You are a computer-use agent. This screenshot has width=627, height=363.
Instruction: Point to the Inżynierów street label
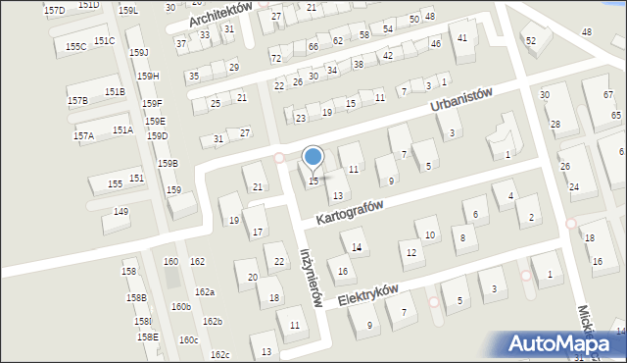[311, 279]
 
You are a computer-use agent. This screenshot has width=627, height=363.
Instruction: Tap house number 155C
[75, 46]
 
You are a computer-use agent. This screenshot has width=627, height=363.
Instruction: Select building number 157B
[77, 101]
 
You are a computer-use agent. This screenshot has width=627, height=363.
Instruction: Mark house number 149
[121, 211]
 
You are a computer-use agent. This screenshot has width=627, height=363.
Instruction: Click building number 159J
[139, 52]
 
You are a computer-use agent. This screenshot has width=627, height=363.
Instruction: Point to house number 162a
[204, 292]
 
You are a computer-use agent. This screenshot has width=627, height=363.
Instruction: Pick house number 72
[275, 59]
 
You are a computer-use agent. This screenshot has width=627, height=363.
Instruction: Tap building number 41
[461, 37]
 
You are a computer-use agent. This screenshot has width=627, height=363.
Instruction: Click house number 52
[531, 40]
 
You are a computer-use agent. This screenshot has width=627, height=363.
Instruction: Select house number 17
[258, 232]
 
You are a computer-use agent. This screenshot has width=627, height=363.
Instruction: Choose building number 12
[410, 253]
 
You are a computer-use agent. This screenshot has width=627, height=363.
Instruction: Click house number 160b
[180, 307]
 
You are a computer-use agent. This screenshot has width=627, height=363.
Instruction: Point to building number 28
[555, 124]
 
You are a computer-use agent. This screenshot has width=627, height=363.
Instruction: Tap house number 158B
[135, 297]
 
